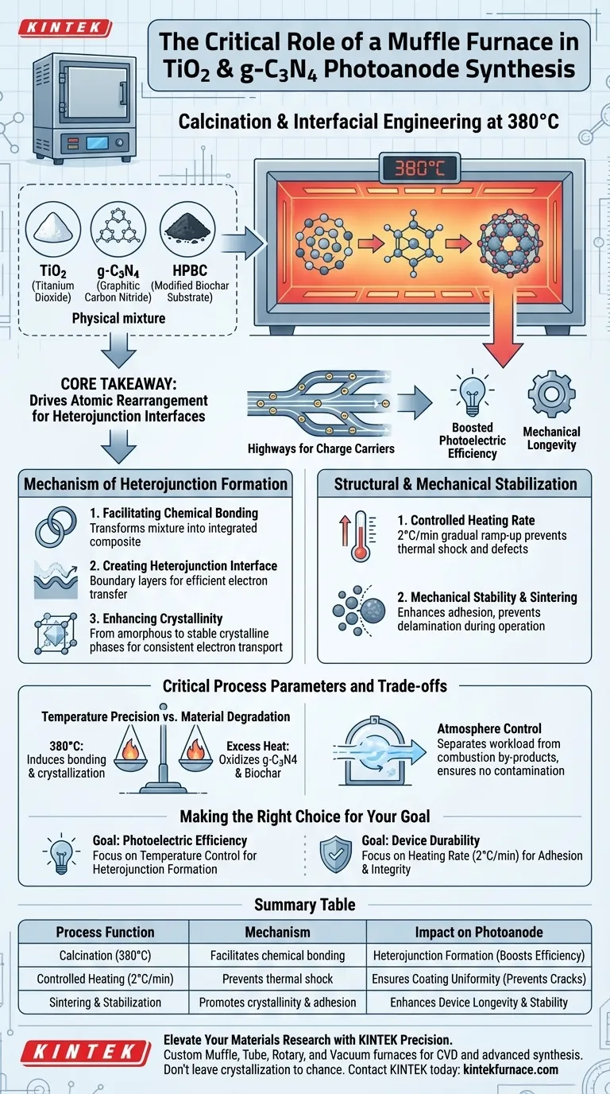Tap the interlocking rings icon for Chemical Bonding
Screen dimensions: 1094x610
pos(55,527)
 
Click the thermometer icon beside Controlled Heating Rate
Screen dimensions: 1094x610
pos(349,537)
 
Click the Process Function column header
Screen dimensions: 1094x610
pos(106,932)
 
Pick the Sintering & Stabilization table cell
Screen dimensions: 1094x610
pos(106,1002)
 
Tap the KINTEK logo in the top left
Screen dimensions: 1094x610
pos(64,27)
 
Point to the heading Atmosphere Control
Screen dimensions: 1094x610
pos(489,727)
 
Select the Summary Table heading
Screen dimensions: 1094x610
pos(304,905)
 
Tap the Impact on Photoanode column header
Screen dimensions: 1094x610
pos(479,932)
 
